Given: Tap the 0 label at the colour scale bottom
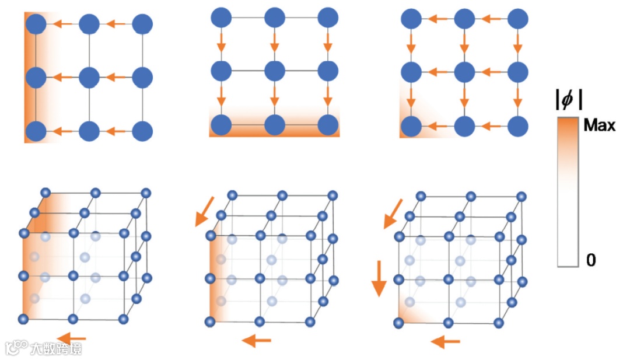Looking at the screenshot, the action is pyautogui.click(x=591, y=260).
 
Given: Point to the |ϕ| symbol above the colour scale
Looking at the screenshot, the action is pyautogui.click(x=568, y=100).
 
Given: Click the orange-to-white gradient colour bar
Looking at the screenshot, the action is pyautogui.click(x=568, y=193).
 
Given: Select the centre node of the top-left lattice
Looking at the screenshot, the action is pyautogui.click(x=89, y=77).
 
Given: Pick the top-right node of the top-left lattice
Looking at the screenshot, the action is pyautogui.click(x=142, y=24).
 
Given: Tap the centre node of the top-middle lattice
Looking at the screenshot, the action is pyautogui.click(x=274, y=71).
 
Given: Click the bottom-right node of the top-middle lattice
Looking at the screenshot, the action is pyautogui.click(x=328, y=124).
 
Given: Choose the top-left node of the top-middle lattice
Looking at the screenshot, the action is pyautogui.click(x=220, y=18).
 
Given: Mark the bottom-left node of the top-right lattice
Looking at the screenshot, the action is pyautogui.click(x=411, y=126).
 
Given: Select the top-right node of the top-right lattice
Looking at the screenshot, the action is pyautogui.click(x=517, y=19).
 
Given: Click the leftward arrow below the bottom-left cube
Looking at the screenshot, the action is pyautogui.click(x=72, y=337).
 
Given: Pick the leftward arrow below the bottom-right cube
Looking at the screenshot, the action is pyautogui.click(x=445, y=341).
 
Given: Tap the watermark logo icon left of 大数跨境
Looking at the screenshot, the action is pyautogui.click(x=17, y=348).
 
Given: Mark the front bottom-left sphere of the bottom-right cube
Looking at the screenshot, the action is pyautogui.click(x=399, y=322).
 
